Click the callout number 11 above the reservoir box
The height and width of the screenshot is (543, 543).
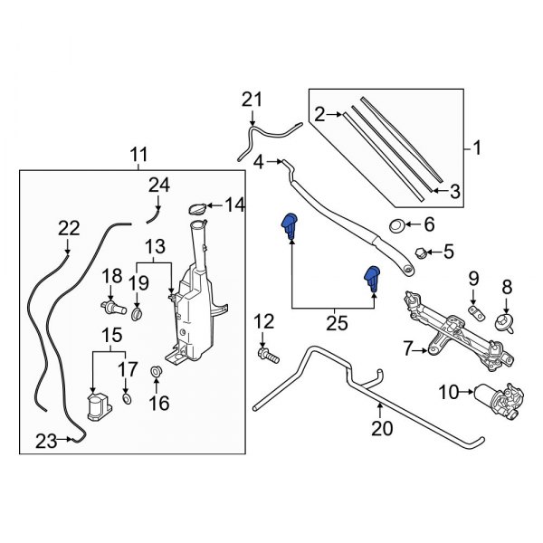pos(136,154)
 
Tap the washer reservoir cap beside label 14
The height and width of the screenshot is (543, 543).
pos(197,210)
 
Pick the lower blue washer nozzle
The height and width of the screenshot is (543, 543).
pos(372,280)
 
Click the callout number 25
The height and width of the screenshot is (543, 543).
pos(337,320)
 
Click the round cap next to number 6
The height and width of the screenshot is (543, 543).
pos(395,224)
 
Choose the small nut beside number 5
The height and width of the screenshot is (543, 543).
pos(420,251)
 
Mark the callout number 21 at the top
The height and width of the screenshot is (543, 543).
pos(251,100)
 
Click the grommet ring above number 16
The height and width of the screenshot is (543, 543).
pos(156,370)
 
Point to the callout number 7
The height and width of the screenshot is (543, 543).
pos(407,348)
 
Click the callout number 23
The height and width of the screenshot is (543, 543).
pos(47,441)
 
